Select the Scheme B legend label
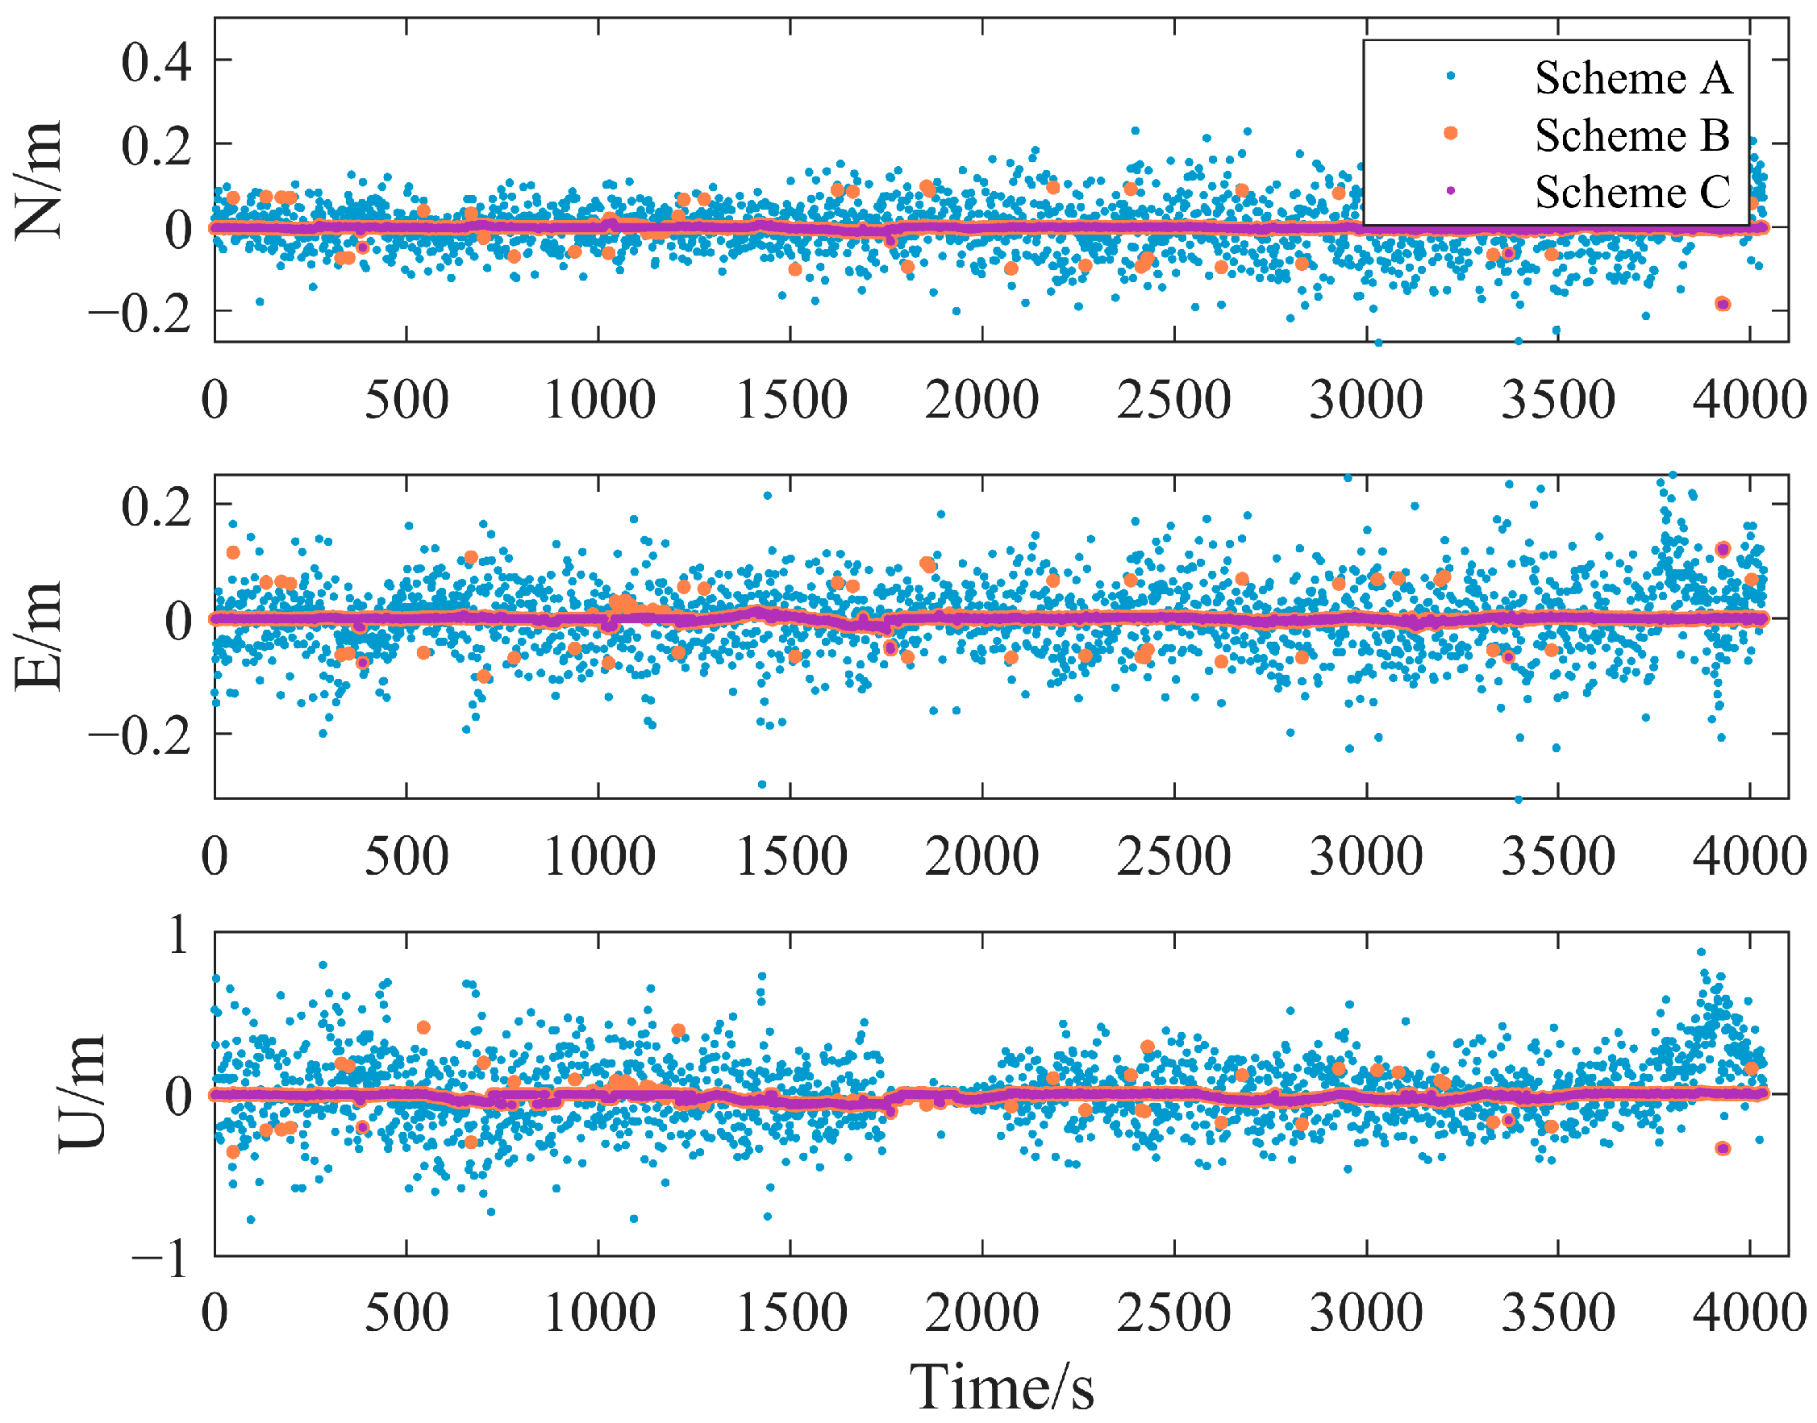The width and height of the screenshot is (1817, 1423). pyautogui.click(x=1632, y=135)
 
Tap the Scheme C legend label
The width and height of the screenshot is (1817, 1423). pyautogui.click(x=1632, y=193)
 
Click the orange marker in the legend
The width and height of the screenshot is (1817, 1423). pyautogui.click(x=1450, y=133)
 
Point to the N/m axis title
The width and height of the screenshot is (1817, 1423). pyautogui.click(x=39, y=179)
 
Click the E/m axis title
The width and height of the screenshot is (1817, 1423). pyautogui.click(x=39, y=636)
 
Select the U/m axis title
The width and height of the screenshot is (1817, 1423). pyautogui.click(x=81, y=1094)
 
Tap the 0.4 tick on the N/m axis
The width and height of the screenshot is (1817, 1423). pyautogui.click(x=156, y=61)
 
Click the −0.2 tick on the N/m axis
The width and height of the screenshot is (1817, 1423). pyautogui.click(x=140, y=315)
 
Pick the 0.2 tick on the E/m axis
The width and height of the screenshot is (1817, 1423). pyautogui.click(x=156, y=506)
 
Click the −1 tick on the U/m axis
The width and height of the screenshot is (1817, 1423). pyautogui.click(x=160, y=1259)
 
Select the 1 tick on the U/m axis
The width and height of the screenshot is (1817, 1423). pyautogui.click(x=178, y=934)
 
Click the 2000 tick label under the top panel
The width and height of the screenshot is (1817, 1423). pyautogui.click(x=981, y=400)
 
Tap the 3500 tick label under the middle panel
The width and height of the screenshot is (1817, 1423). pyautogui.click(x=1557, y=856)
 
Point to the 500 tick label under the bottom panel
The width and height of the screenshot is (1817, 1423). pyautogui.click(x=406, y=1313)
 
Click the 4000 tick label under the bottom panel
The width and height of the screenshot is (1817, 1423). pyautogui.click(x=1748, y=1313)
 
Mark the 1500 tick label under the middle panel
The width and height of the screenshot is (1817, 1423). pyautogui.click(x=790, y=856)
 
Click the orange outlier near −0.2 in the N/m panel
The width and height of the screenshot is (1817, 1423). pyautogui.click(x=1723, y=304)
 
